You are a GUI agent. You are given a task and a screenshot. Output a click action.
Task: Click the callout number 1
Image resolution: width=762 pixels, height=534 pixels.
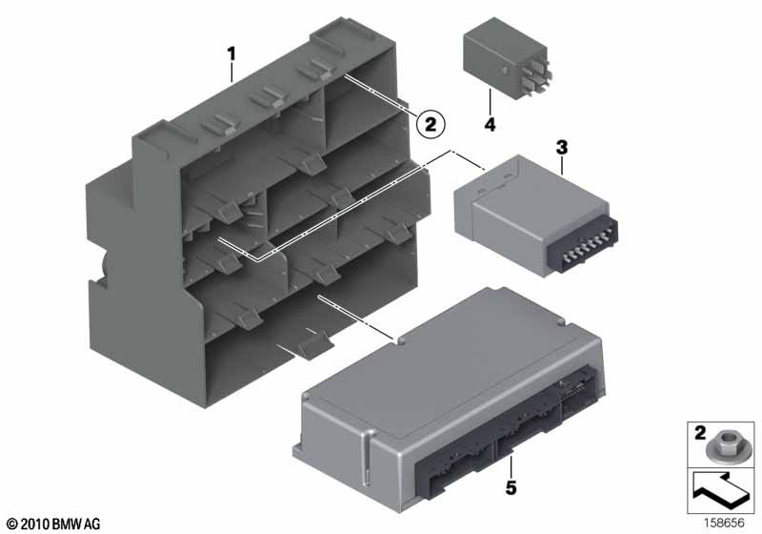231,54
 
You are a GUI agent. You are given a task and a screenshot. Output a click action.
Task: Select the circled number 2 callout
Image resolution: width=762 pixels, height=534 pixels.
431,124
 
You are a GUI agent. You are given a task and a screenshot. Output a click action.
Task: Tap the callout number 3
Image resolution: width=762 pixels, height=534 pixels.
561,147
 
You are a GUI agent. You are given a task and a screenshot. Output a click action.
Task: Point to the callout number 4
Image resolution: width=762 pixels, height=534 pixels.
490,125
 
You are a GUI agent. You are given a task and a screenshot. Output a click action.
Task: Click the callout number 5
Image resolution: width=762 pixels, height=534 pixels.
511,487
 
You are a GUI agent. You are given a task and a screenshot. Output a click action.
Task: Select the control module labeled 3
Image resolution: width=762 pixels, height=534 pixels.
535,215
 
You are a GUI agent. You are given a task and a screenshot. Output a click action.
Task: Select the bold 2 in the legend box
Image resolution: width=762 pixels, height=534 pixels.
700,432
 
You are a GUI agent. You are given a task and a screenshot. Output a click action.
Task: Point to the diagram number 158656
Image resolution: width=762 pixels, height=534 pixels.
724,523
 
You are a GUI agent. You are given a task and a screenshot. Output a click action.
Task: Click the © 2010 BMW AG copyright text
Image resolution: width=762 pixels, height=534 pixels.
54,524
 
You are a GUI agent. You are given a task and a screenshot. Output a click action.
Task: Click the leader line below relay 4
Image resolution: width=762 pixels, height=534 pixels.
490,103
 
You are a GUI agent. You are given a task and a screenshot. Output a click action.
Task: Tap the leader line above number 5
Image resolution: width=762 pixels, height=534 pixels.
511,464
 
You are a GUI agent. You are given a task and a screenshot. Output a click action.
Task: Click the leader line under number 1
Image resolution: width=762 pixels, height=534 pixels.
231,72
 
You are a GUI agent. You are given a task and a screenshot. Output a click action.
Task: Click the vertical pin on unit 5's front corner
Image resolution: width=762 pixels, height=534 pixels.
366,457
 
